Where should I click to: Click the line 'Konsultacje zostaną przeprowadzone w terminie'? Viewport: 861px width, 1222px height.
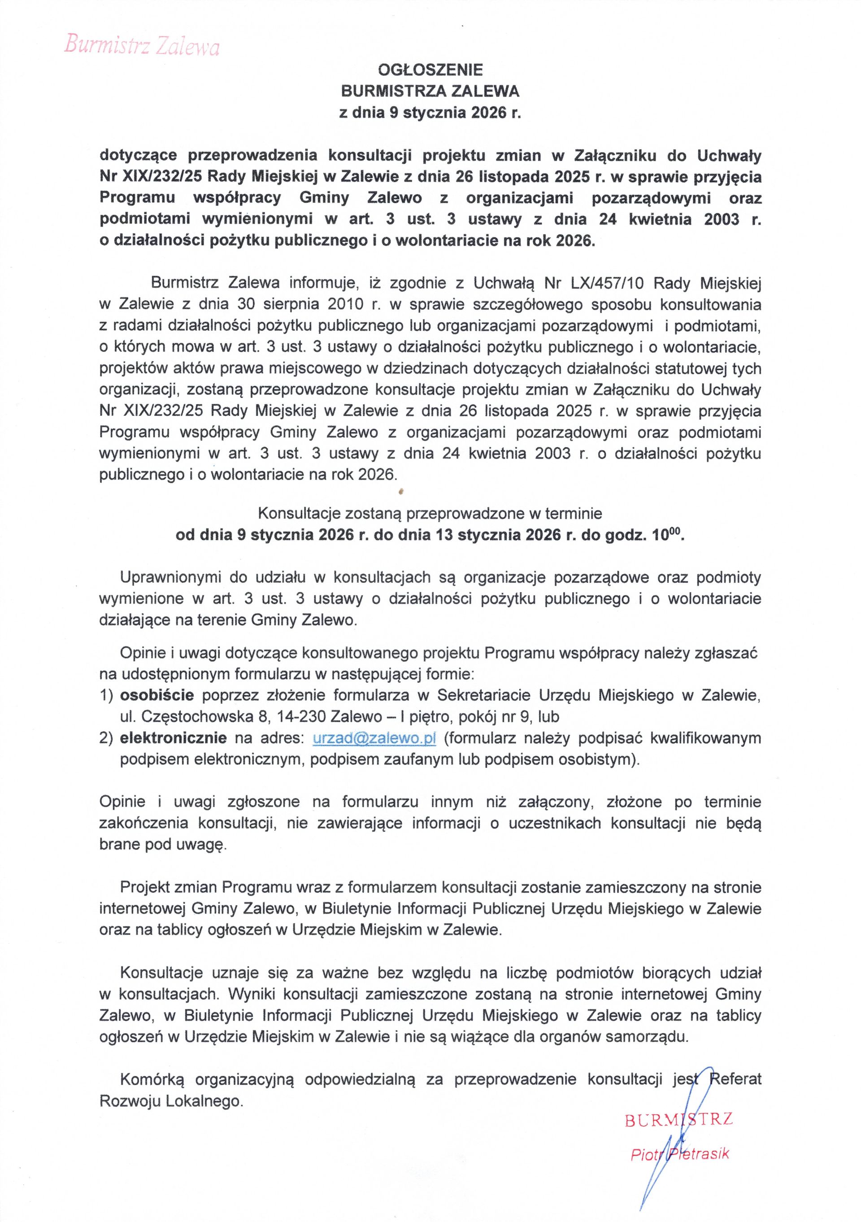430,514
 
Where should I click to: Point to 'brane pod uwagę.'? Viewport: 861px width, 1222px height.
163,845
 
